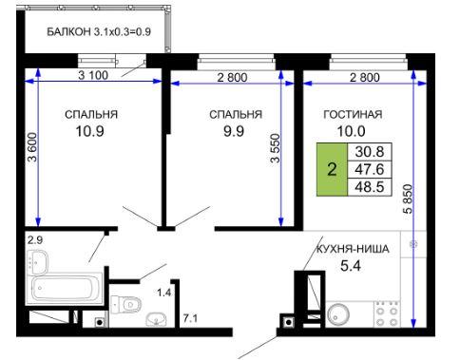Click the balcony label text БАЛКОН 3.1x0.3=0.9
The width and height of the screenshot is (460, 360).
[99, 32]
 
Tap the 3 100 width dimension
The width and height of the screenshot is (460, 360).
[93, 75]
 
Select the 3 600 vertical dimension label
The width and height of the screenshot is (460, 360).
[32, 147]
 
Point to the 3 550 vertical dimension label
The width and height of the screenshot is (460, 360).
[276, 148]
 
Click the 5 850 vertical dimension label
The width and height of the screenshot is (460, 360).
[409, 199]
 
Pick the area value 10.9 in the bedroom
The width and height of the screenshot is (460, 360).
[90, 131]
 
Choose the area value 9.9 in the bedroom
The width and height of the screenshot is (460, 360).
[234, 131]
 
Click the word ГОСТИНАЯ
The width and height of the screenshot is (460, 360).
[353, 114]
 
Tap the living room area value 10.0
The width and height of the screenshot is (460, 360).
[351, 131]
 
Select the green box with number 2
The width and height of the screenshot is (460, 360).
[332, 169]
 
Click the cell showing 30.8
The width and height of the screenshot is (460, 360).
[370, 152]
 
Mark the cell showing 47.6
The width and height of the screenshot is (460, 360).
[370, 169]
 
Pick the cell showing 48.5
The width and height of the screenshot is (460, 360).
[370, 187]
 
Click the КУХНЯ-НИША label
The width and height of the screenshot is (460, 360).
[353, 249]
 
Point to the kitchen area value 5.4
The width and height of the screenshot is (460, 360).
[351, 266]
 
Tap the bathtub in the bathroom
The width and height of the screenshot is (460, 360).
[65, 289]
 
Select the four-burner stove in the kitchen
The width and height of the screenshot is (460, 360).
[387, 313]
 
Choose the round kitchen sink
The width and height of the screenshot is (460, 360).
[338, 314]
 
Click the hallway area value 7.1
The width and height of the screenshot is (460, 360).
[190, 318]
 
